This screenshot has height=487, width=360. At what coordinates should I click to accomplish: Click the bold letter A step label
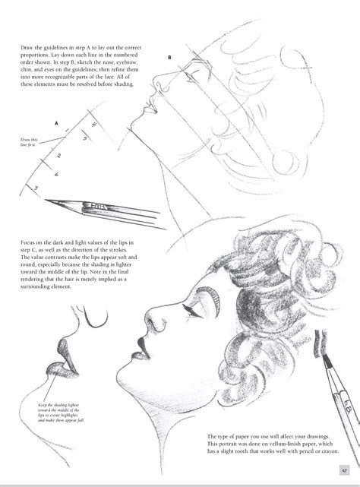point(56,122)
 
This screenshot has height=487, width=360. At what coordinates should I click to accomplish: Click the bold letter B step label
point(170,57)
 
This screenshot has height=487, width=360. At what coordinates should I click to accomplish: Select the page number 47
point(344,468)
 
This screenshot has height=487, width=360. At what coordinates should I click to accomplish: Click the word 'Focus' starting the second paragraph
point(30,245)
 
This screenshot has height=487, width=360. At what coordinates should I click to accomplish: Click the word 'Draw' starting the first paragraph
point(29,48)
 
